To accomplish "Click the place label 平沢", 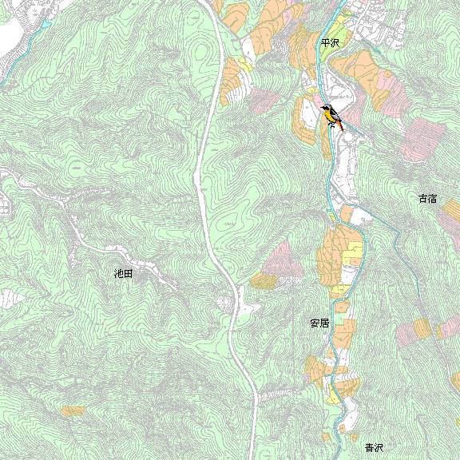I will point(329,45).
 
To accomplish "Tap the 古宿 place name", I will point(427,198).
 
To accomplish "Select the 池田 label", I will point(123,273).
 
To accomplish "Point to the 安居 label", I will point(319,324).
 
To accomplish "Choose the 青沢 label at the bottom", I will point(374,448).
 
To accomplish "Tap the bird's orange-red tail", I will point(339,125).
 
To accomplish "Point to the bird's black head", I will point(324,108).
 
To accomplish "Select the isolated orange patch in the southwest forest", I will point(73,410).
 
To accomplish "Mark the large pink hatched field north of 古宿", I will point(423,141).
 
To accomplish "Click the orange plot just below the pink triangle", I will point(264,281).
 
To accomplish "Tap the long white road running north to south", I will point(207,160).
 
